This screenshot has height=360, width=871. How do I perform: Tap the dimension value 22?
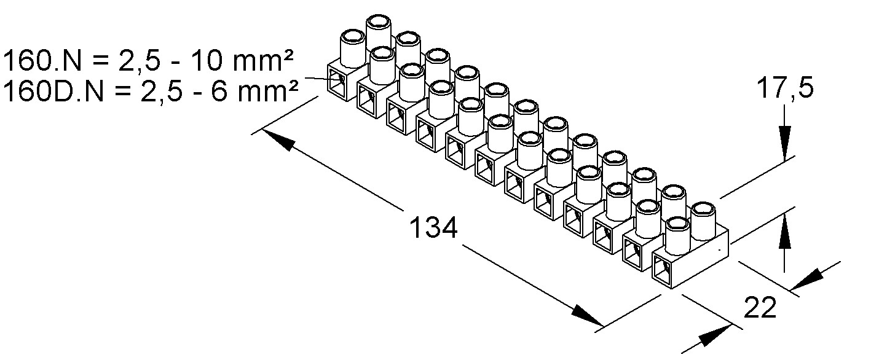tap(760, 308)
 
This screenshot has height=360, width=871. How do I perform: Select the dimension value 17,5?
tap(784, 88)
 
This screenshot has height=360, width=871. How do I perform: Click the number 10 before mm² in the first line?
tap(205, 62)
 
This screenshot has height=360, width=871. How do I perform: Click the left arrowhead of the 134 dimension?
tap(277, 140)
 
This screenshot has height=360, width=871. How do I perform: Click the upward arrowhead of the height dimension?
tap(784, 237)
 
